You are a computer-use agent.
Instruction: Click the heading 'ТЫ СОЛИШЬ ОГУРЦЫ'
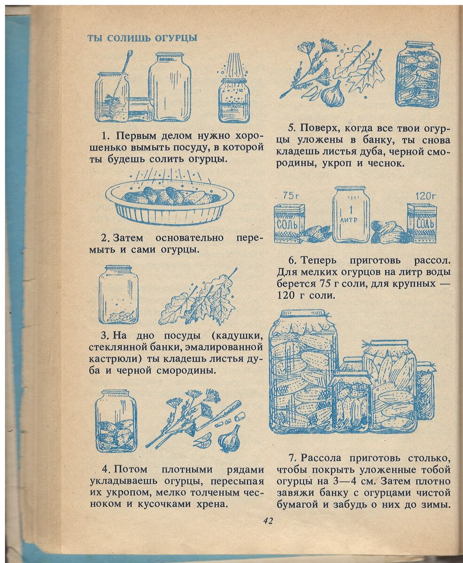pos(142,38)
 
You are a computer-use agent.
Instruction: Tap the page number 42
pos(268,520)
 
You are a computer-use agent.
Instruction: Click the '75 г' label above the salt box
pos(291,196)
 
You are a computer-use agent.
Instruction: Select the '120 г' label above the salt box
pos(425,196)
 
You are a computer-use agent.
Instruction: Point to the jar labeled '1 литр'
pos(351,214)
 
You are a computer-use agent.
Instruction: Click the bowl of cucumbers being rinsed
pos(170,202)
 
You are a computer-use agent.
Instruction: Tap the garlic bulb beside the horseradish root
pos(229,439)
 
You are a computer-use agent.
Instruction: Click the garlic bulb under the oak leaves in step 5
pos(333,94)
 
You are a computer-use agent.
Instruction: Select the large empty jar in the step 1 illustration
pos(170,88)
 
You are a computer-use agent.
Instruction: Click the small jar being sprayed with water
pos(234,99)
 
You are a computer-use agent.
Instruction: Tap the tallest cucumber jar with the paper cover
pos(303,371)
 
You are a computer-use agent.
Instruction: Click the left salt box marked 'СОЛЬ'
pos(289,223)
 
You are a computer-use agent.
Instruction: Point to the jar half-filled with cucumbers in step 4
pos(116,421)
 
